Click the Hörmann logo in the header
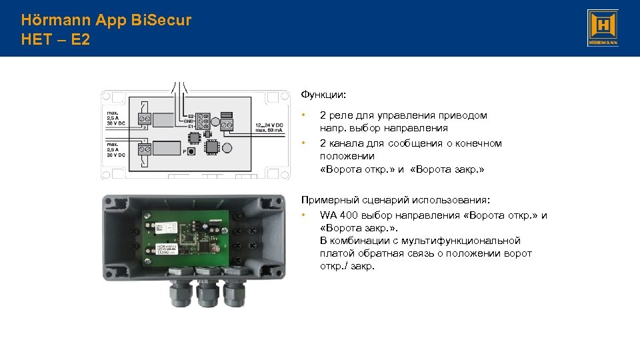pos(603,28)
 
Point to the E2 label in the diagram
pos(191,116)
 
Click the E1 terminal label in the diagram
pos(191,125)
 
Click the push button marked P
pos(191,152)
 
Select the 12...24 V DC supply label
pos(271,125)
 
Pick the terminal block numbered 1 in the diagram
pos(144,150)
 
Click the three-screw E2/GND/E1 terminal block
pos(202,121)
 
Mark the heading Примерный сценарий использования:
pos(395,200)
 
